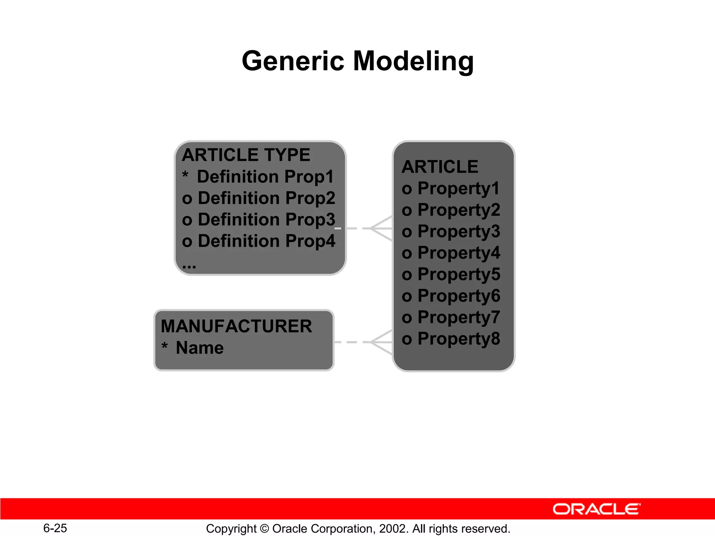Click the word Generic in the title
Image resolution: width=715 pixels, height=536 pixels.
click(293, 61)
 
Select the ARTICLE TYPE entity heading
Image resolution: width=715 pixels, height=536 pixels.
click(246, 155)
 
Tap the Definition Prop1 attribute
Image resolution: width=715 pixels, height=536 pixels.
click(265, 177)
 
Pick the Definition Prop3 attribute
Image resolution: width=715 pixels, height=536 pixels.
click(266, 220)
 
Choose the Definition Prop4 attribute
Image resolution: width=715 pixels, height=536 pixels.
click(266, 241)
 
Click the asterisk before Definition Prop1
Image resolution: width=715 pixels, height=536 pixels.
click(185, 175)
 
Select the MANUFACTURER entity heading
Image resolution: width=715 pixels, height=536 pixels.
click(236, 326)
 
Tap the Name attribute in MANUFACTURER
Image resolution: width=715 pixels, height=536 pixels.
click(200, 348)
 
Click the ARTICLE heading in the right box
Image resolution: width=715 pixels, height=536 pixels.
click(440, 167)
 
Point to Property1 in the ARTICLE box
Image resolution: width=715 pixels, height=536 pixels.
click(458, 189)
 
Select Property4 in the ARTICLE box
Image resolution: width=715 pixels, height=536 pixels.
click(458, 253)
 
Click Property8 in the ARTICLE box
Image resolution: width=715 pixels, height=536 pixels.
click(458, 339)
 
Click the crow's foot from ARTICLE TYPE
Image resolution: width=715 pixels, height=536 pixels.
click(381, 228)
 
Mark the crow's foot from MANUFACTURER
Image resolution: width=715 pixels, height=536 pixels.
click(381, 342)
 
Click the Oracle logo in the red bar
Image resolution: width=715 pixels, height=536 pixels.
click(596, 509)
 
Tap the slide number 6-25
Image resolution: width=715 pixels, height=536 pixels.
click(55, 528)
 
